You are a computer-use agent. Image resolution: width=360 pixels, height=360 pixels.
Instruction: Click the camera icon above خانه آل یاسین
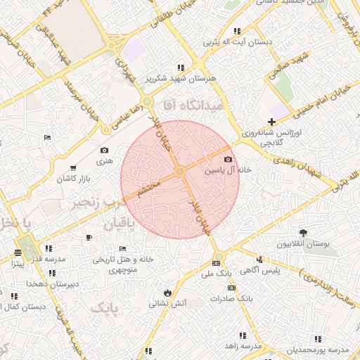[227, 160]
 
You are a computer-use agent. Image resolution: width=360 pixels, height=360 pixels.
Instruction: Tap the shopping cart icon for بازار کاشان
[73, 168]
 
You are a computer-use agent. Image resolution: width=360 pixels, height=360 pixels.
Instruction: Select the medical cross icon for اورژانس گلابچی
[271, 122]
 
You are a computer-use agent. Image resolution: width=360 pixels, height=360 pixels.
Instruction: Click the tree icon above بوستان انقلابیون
[303, 233]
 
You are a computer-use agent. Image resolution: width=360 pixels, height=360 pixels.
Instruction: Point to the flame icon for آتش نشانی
[167, 292]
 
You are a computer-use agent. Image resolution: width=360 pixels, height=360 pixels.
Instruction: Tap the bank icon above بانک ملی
[215, 263]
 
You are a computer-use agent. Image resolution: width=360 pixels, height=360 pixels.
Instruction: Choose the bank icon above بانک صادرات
[231, 288]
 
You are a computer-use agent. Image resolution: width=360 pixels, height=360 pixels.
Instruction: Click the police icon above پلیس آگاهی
[259, 259]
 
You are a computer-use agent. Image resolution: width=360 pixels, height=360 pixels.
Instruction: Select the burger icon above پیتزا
[18, 252]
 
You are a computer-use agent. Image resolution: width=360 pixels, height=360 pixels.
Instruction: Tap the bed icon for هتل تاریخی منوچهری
[122, 248]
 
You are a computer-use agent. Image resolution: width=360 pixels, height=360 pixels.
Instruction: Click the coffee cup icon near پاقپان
[88, 237]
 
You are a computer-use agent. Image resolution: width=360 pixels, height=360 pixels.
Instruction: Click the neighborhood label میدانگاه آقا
[192, 105]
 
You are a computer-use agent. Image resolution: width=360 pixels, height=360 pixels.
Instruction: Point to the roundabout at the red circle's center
[180, 172]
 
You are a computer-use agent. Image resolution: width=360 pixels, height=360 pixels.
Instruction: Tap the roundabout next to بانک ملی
[219, 257]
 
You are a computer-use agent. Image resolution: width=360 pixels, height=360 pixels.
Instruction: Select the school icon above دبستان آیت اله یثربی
[237, 31]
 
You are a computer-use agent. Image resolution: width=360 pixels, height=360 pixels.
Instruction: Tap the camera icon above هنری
[105, 150]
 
